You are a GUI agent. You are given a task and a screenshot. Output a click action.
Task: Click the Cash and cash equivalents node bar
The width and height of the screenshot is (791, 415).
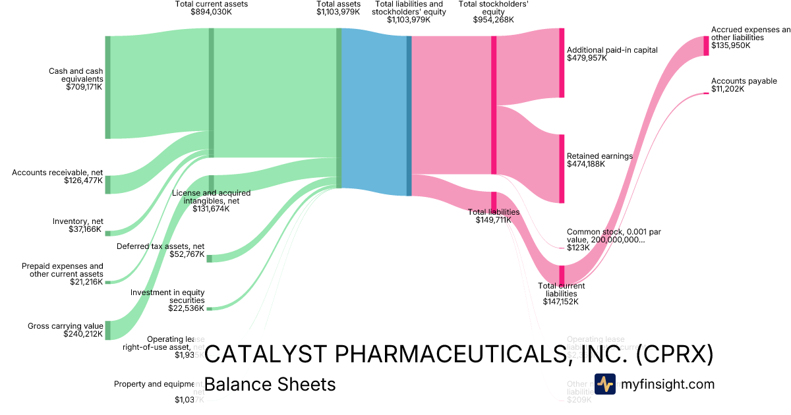107,87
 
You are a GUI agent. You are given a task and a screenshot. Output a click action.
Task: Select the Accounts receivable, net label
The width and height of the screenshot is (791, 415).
57,173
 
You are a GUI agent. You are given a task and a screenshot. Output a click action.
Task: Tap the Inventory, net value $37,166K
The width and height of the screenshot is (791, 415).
86,229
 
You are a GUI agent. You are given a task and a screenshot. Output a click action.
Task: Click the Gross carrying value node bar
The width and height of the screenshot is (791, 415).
107,330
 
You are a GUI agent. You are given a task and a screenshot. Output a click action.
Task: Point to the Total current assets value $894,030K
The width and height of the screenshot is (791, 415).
212,12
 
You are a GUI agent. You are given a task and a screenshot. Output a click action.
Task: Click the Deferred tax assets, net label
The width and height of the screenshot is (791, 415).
160,246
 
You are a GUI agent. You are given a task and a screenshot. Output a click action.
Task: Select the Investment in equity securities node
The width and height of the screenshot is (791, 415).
209,308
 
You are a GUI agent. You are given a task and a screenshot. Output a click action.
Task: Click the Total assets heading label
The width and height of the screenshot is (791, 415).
338,4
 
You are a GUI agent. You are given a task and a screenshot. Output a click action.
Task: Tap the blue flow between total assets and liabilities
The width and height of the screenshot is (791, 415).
374,112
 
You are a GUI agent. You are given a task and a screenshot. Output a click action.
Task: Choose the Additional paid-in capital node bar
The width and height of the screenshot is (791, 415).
562,63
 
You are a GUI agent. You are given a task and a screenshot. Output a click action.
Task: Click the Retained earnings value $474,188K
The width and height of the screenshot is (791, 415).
585,164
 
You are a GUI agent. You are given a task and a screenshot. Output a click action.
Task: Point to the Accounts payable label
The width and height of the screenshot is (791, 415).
744,81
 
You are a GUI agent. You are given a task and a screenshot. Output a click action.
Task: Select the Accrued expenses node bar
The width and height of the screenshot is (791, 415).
706,45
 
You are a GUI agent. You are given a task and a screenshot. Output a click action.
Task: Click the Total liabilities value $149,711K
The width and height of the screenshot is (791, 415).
494,220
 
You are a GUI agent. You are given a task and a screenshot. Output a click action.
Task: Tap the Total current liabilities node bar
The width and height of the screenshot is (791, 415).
562,274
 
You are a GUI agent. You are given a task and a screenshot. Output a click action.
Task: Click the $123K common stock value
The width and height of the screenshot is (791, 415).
577,248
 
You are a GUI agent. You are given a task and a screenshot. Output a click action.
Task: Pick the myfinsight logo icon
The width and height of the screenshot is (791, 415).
604,384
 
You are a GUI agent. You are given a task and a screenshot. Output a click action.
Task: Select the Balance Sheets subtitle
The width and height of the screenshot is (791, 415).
270,384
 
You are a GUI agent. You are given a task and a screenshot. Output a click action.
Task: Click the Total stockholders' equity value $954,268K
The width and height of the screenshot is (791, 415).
493,20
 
